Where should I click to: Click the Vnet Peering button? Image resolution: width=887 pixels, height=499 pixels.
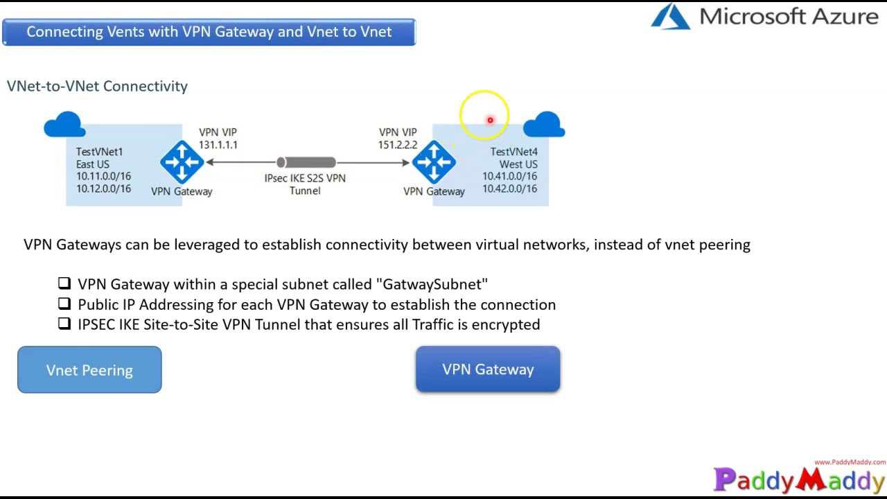coord(89,370)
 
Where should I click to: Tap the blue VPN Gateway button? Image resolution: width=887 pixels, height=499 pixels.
coord(488,369)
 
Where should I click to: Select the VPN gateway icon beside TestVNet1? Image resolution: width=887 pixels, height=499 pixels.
coord(182,162)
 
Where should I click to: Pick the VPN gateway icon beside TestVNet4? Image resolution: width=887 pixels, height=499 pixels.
coord(434,162)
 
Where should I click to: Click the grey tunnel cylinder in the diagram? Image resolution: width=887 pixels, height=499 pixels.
coord(306,162)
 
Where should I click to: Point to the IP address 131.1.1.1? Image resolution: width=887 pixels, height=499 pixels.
coord(218,145)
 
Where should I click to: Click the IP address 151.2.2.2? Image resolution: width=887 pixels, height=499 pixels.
coord(398,145)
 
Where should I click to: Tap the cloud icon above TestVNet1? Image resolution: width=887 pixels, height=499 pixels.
coord(64,125)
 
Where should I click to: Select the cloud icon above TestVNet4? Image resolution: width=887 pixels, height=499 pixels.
coord(544,125)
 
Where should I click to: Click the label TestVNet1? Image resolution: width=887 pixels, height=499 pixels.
coord(99,152)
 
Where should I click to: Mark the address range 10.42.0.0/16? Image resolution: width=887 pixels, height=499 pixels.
coord(509,189)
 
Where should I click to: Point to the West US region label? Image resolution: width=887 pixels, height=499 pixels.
coord(518,164)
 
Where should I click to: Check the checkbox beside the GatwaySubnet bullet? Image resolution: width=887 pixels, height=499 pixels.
coord(64,283)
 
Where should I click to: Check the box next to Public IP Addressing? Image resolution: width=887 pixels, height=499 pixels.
coord(64,304)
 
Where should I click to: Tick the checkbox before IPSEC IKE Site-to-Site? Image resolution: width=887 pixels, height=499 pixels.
coord(64,324)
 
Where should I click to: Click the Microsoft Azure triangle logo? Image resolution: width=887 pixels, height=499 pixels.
coord(671,17)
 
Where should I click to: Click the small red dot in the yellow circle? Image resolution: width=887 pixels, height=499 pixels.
coord(490,121)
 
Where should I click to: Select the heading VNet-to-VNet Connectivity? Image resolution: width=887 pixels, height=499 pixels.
coord(97,86)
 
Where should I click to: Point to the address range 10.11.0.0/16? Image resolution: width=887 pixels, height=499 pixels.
coord(103,176)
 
